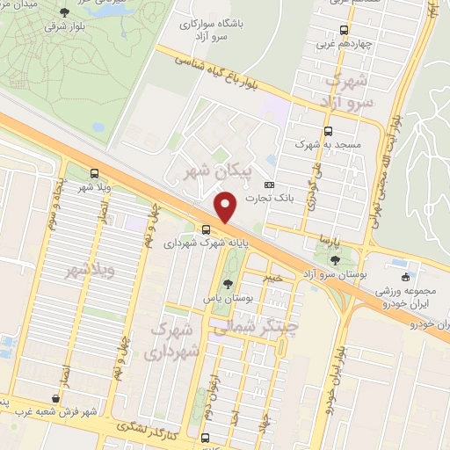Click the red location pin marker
[227, 207]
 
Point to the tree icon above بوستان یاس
[229, 283]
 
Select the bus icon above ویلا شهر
[94, 173]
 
